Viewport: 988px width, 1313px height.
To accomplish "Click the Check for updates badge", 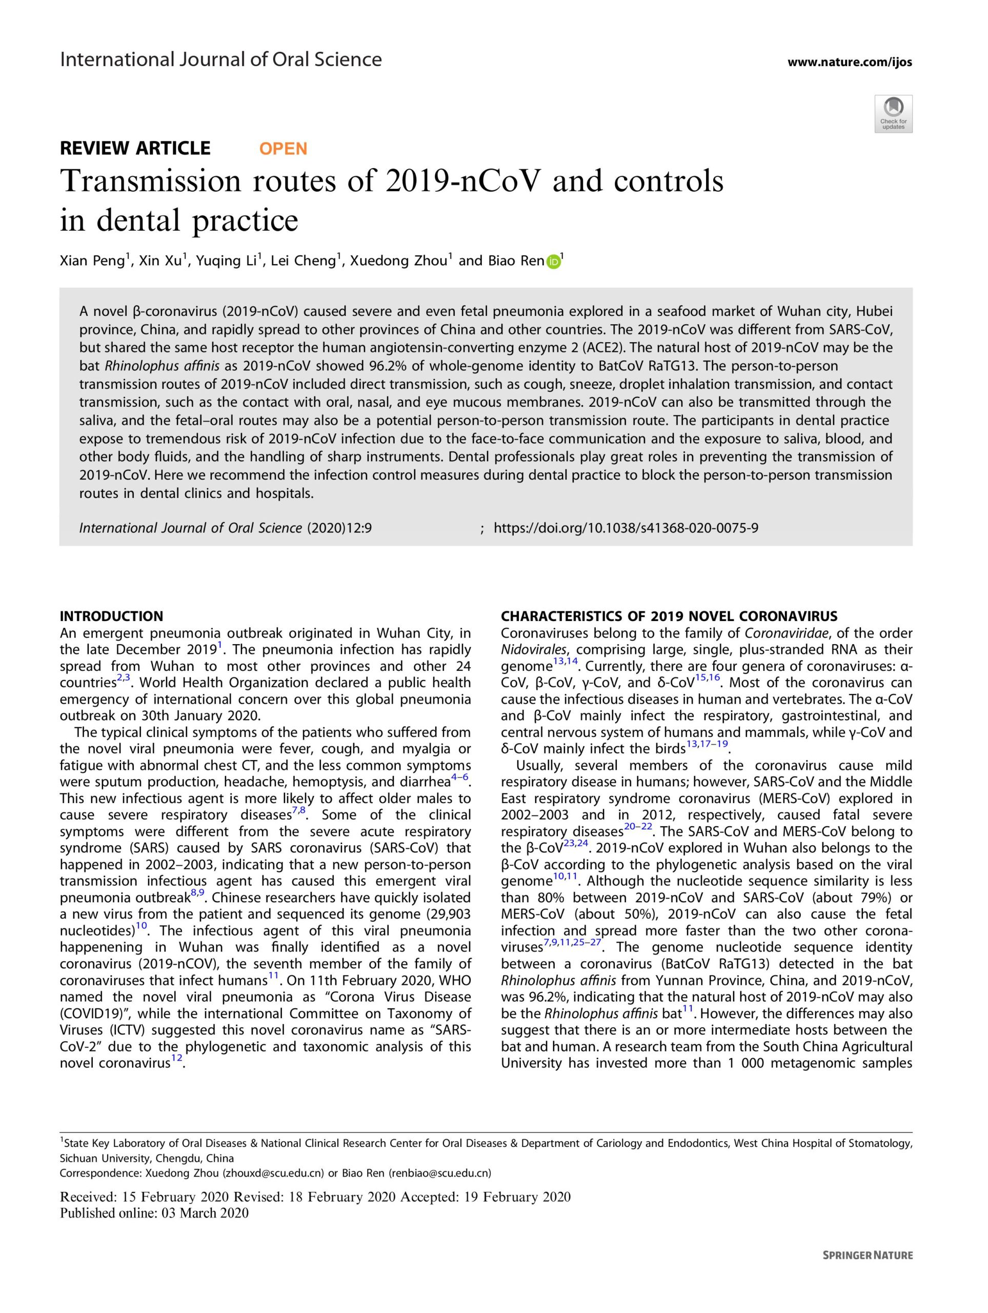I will (893, 113).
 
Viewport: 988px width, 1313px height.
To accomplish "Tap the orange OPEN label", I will (283, 148).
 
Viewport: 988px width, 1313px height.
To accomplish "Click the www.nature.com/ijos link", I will (850, 62).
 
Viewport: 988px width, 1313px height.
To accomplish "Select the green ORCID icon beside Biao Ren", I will (553, 261).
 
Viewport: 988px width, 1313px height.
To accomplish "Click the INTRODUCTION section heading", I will (112, 616).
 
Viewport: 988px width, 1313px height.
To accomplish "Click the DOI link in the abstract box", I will (626, 528).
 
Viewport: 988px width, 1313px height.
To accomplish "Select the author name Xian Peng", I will (93, 262).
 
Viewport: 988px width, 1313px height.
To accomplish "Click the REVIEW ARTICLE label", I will (135, 148).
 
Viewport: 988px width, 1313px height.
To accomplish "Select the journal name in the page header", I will (221, 59).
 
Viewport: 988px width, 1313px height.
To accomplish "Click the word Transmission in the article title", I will (151, 182).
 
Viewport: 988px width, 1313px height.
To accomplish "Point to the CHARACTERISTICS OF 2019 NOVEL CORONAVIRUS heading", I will (669, 616).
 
